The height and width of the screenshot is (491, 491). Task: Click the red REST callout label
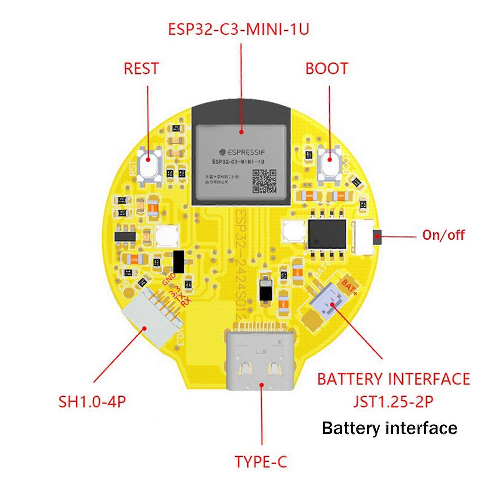click(141, 69)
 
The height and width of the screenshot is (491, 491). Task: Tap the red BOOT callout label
click(327, 69)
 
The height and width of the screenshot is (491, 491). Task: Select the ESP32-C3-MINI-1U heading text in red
click(239, 29)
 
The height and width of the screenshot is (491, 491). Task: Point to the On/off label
click(443, 235)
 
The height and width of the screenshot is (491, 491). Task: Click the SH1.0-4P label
click(92, 402)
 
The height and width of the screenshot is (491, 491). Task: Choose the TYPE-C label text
click(261, 462)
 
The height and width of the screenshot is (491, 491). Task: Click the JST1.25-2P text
click(393, 402)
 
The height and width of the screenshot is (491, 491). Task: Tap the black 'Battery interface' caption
click(390, 428)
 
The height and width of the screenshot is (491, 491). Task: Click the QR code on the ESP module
click(264, 181)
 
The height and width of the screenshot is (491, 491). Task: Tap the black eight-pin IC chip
click(327, 234)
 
